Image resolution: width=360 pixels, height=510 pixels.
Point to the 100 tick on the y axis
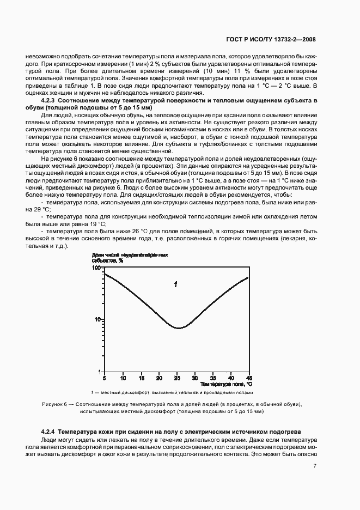97,268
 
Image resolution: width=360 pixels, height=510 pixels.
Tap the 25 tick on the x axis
177,377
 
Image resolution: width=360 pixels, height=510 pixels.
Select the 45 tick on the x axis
249,377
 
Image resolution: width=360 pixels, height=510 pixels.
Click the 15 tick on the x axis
141,377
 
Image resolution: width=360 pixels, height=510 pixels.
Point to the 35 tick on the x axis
213,377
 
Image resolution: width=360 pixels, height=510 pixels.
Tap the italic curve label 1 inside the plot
175,284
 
